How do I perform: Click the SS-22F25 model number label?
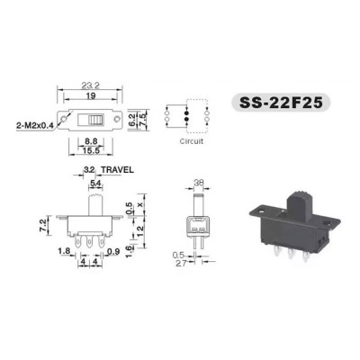tap(281, 103)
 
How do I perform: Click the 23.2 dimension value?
tap(90, 85)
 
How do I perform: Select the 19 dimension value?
tap(91, 95)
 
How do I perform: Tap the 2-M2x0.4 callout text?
tap(34, 127)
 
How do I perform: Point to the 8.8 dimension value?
tap(91, 141)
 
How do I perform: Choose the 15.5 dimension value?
tap(91, 150)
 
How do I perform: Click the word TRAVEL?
tap(117, 170)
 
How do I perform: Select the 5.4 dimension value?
tap(95, 184)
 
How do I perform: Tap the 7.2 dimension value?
tap(43, 225)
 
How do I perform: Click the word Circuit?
tap(192, 141)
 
